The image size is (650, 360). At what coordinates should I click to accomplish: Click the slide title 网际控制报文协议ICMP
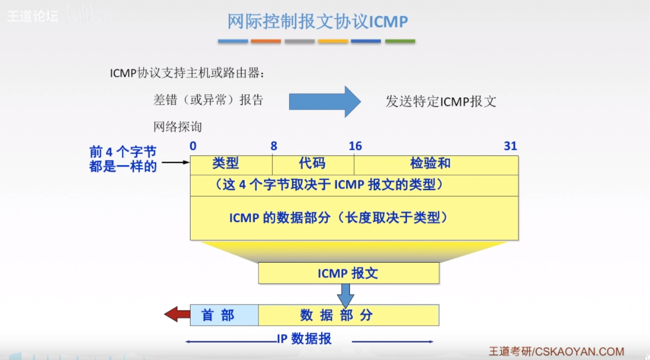(317, 22)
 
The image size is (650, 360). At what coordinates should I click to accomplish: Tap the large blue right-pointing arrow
(325, 102)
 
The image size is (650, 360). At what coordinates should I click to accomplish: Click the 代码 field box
(313, 164)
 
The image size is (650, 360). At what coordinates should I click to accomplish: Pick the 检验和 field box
(436, 164)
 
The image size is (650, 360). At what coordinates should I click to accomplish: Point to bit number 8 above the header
(274, 146)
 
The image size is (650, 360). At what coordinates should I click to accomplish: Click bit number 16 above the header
(355, 146)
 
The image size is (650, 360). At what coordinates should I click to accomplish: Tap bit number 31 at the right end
(510, 146)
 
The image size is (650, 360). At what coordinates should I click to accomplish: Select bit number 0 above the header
(193, 146)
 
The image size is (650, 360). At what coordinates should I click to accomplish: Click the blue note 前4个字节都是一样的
(124, 159)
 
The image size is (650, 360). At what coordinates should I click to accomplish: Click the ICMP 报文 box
(348, 273)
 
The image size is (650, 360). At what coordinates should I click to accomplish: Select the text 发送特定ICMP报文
(441, 102)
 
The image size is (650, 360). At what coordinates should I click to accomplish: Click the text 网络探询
(178, 127)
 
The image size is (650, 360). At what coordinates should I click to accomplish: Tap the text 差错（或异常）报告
(208, 100)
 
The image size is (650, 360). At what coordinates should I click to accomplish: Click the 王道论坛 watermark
(33, 16)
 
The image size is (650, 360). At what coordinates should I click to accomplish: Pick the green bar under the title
(400, 41)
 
